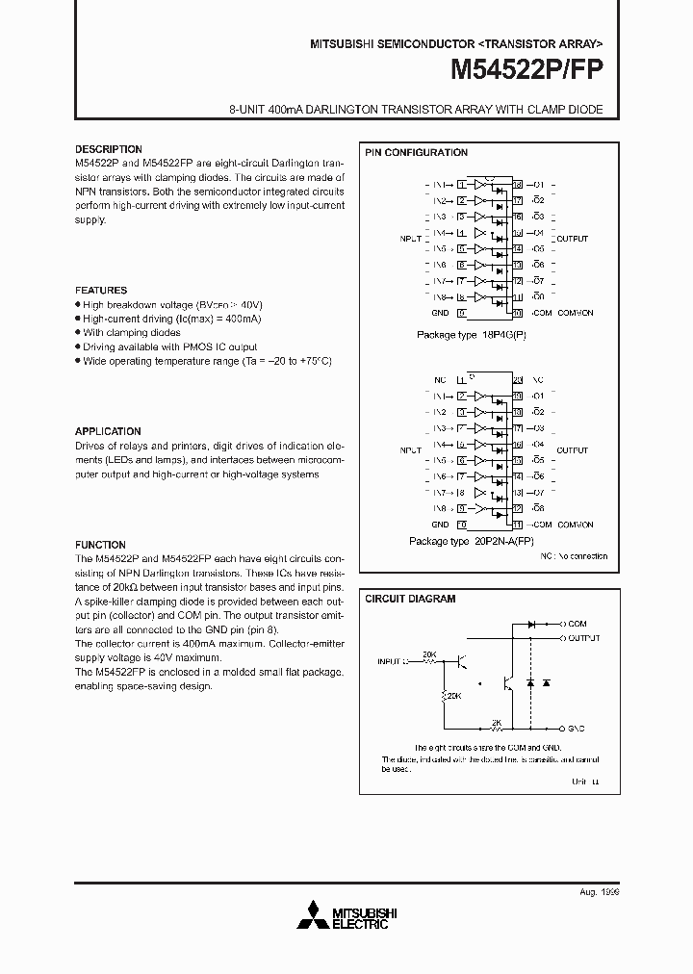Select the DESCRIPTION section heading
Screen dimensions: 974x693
click(109, 149)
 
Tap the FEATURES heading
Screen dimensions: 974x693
click(101, 290)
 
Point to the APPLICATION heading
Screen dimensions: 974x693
click(108, 431)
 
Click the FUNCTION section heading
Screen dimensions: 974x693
click(100, 545)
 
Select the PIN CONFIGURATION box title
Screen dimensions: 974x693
click(416, 153)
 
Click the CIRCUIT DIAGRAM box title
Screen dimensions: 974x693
click(410, 599)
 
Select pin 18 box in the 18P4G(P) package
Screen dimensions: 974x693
click(517, 185)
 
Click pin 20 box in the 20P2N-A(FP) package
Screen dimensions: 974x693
click(517, 380)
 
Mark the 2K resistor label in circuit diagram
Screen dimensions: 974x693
click(495, 721)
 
